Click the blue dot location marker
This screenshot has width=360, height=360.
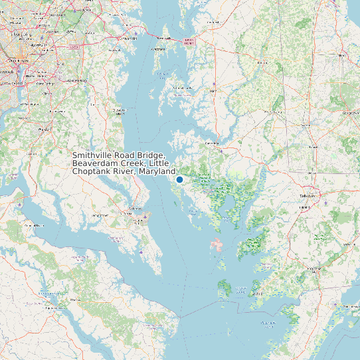(179, 179)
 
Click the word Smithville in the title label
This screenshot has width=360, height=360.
(93, 155)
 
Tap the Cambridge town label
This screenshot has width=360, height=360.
(212, 143)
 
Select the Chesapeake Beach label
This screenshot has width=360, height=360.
(120, 111)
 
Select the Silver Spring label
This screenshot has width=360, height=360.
(22, 33)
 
